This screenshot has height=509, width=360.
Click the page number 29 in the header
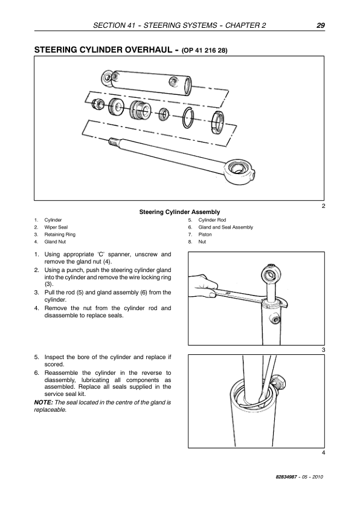(320, 25)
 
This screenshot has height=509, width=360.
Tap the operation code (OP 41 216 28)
(205, 51)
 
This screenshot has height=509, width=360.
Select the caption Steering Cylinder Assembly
(179, 212)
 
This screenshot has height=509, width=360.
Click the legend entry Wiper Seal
(56, 227)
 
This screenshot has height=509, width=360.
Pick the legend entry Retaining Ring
(60, 235)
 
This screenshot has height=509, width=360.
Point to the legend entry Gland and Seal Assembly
(226, 227)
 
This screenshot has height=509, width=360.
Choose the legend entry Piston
(205, 235)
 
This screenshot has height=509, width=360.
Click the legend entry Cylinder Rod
(212, 220)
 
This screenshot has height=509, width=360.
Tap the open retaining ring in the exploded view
(188, 117)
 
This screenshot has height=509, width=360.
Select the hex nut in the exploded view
(98, 103)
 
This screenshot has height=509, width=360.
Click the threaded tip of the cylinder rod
(113, 141)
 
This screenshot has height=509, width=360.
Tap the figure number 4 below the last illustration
(323, 453)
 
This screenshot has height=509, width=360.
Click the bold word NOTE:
(43, 403)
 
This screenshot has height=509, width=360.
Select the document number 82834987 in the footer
(286, 477)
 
